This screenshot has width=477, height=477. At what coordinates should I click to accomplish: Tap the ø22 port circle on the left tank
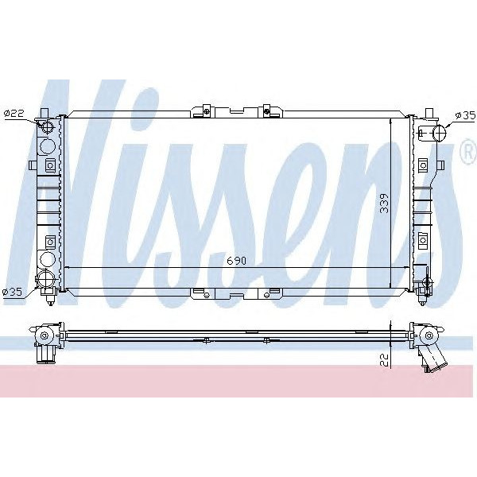pos(47,129)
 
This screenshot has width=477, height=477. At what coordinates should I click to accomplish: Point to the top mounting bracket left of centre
pos(204,110)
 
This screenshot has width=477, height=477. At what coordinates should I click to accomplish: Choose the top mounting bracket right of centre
pos(267,110)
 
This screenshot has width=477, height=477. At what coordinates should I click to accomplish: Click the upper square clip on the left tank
pos(50,165)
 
